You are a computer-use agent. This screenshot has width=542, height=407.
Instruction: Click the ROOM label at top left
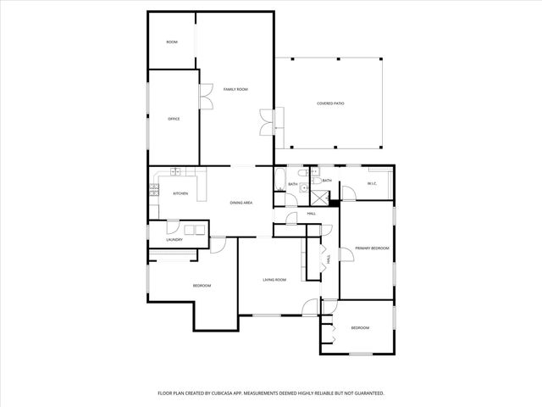172,42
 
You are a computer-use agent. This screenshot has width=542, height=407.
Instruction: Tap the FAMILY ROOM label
235,89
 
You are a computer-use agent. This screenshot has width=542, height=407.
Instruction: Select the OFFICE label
174,119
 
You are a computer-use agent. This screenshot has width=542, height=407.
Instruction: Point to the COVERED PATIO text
330,103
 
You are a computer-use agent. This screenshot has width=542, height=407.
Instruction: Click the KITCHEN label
180,193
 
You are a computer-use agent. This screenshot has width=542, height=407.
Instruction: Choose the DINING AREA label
241,203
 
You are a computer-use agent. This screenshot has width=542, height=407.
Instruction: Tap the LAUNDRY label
174,239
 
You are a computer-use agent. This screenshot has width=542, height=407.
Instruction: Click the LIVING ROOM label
274,279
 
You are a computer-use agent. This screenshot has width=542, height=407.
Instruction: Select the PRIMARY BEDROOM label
371,248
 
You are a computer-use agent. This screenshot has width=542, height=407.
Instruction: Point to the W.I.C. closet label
371,184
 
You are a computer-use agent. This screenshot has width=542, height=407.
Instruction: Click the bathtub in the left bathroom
279,179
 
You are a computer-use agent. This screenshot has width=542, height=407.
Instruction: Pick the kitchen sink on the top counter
177,172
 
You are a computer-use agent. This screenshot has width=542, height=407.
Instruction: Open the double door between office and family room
206,96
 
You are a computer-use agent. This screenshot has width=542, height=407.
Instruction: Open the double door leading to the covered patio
267,123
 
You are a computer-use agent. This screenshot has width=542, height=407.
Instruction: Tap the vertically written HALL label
329,262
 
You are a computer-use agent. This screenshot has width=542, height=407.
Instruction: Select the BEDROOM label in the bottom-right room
360,327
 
